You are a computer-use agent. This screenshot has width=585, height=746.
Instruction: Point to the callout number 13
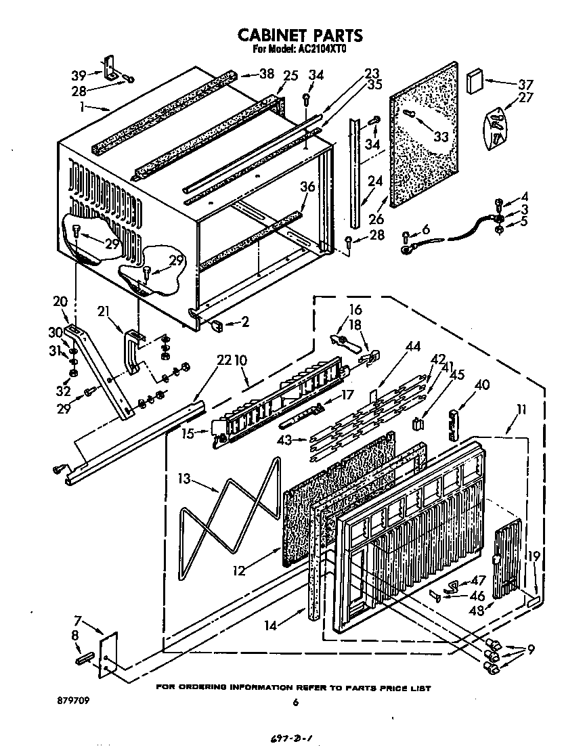[185, 478]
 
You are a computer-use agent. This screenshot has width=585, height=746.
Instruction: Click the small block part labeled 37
[475, 80]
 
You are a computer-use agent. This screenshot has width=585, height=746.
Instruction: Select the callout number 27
[525, 97]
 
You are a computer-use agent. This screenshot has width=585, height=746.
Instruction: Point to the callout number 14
[271, 626]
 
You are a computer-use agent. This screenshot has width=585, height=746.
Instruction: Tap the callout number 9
[532, 651]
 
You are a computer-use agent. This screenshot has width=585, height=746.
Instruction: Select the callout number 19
[534, 557]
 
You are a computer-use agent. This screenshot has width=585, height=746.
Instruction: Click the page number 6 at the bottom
[295, 703]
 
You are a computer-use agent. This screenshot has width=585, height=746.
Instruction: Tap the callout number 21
[104, 311]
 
